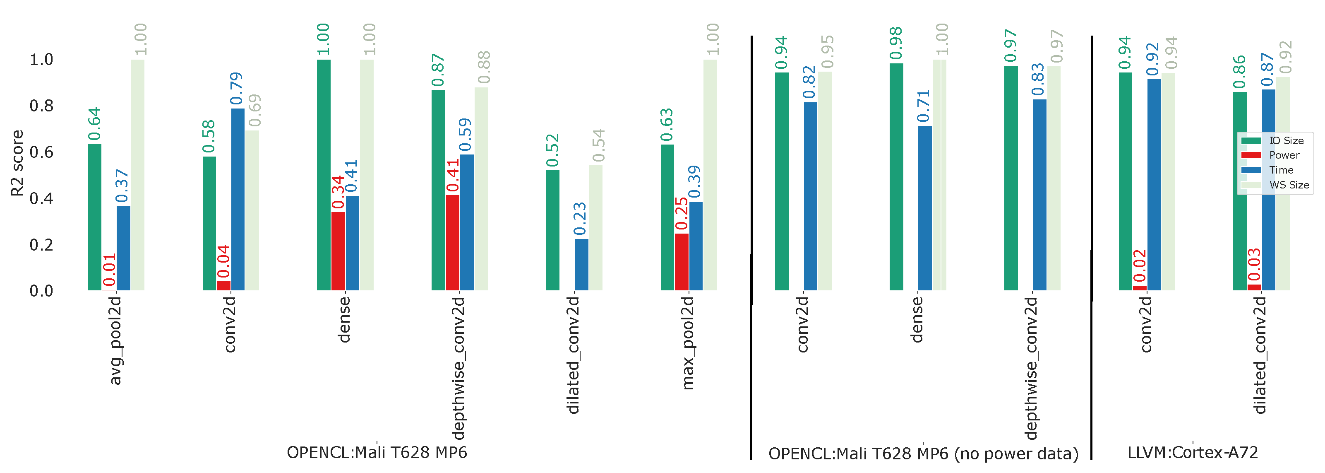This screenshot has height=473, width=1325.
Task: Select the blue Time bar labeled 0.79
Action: [238, 199]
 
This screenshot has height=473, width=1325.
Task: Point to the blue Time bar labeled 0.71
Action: [924, 208]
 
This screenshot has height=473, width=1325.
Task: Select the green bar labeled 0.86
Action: [1240, 191]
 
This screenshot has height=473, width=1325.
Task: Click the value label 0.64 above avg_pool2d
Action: [95, 124]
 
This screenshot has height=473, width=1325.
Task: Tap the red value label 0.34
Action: [338, 193]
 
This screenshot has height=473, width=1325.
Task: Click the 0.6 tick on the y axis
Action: [41, 152]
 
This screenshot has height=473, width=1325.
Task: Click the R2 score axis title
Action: [17, 163]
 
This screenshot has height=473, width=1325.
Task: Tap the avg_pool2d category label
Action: [115, 340]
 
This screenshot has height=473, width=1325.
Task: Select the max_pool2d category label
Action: [688, 342]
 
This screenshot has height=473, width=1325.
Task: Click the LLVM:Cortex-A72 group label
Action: [1192, 452]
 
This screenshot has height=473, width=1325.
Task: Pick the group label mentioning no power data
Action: [923, 454]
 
